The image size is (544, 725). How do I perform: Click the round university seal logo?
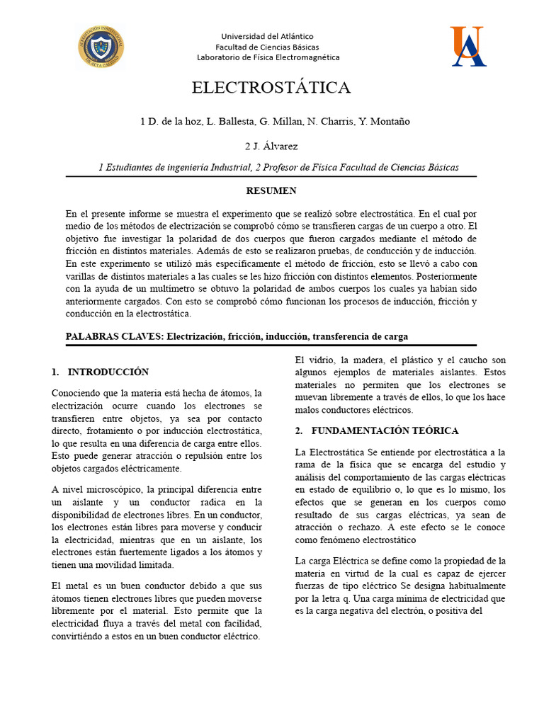point(101,46)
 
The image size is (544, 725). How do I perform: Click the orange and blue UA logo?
point(467,46)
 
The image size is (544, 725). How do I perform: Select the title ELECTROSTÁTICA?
point(271,88)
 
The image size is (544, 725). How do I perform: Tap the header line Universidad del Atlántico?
point(267,36)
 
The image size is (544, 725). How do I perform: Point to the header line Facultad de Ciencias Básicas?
point(267,47)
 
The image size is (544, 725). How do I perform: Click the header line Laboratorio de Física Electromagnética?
point(268,57)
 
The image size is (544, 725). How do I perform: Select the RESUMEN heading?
point(271,190)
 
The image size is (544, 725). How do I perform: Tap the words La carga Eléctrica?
point(331,561)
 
